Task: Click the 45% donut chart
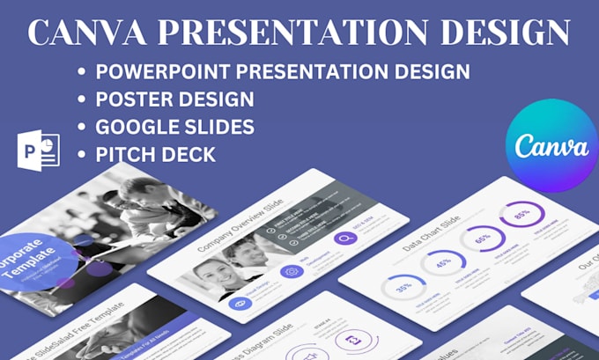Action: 443,262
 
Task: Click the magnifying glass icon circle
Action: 344,238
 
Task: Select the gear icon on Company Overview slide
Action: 292,270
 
